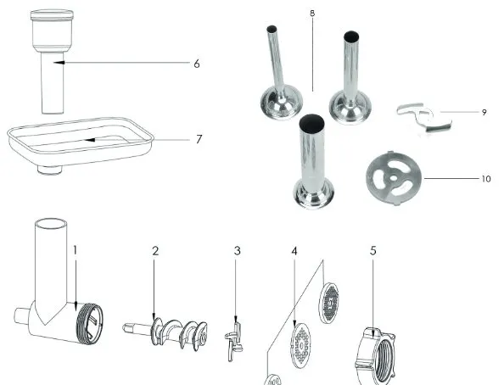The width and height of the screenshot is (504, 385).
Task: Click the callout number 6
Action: click(197, 64)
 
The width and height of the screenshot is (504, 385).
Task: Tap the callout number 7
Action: click(199, 139)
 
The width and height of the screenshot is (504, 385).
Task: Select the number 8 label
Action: click(312, 14)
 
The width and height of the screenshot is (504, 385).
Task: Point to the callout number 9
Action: click(484, 112)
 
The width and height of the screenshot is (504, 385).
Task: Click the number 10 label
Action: click(486, 179)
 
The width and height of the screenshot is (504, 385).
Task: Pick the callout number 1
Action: click(76, 250)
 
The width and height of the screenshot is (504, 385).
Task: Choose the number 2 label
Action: click(155, 251)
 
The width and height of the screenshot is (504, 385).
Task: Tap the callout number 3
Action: click(238, 251)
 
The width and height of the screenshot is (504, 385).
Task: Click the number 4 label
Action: click(294, 251)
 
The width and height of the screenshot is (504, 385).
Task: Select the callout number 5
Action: click(372, 251)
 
